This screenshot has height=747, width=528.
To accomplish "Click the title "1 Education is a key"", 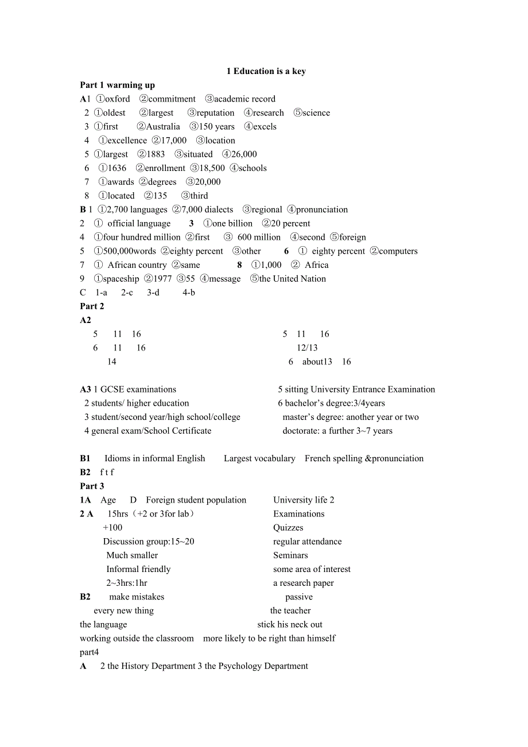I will click(266, 71).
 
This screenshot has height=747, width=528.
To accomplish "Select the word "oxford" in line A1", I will click(118, 99).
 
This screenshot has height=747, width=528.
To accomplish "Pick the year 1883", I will click(156, 154).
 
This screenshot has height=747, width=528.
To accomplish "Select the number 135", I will click(160, 196).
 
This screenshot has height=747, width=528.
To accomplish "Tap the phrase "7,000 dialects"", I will click(207, 209).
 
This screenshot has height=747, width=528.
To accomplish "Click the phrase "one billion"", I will click(232, 223).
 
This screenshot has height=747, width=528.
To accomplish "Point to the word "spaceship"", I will click(121, 279).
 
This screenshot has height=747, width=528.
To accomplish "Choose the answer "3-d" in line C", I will click(153, 293).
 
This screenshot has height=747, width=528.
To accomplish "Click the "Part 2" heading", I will click(92, 306).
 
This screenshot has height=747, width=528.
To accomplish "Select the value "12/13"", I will click(307, 348).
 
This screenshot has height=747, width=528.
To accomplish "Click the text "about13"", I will click(317, 361).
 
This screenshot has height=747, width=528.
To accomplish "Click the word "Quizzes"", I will click(288, 528).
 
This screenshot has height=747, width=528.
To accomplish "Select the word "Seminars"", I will click(290, 555).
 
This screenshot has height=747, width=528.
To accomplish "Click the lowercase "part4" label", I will click(90, 652).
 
